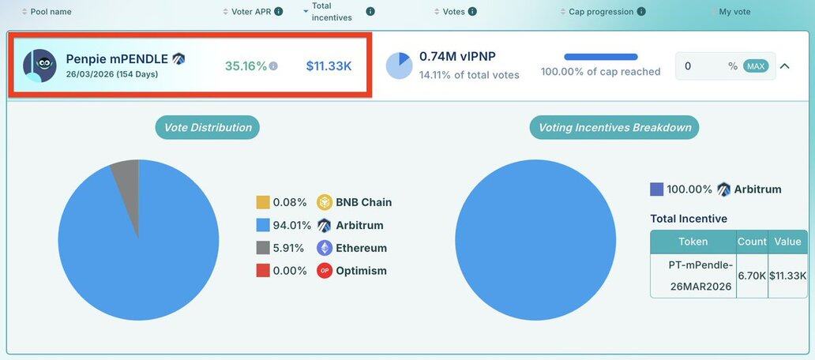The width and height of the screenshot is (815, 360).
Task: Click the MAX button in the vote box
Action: [x=756, y=66]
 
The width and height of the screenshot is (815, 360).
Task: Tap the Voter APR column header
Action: [x=252, y=12]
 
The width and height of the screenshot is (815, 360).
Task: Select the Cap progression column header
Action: [x=601, y=12]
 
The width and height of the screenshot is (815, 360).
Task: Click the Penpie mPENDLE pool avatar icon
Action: [x=39, y=66]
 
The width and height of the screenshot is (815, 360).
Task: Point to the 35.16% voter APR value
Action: [x=246, y=66]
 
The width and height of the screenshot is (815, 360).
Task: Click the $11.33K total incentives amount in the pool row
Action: [x=329, y=66]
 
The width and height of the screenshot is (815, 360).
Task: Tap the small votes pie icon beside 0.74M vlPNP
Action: [x=399, y=66]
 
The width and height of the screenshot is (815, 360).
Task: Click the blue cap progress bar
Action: [x=601, y=57]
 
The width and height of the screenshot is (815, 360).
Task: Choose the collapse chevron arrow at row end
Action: [x=784, y=66]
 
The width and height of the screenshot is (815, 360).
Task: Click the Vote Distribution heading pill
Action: [x=207, y=127]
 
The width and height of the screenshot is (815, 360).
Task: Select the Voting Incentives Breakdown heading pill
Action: [x=614, y=127]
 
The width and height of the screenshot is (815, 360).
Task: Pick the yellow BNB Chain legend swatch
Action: [x=263, y=202]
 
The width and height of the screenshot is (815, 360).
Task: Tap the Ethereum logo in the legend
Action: [x=325, y=248]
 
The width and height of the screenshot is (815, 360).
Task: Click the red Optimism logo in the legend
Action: [x=325, y=271]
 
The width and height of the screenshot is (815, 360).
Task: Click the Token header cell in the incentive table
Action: [x=693, y=242]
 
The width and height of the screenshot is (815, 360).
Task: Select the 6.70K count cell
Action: [x=752, y=276]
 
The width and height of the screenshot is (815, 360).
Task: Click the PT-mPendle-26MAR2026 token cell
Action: [x=693, y=276]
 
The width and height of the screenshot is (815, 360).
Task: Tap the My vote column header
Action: [x=734, y=12]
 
